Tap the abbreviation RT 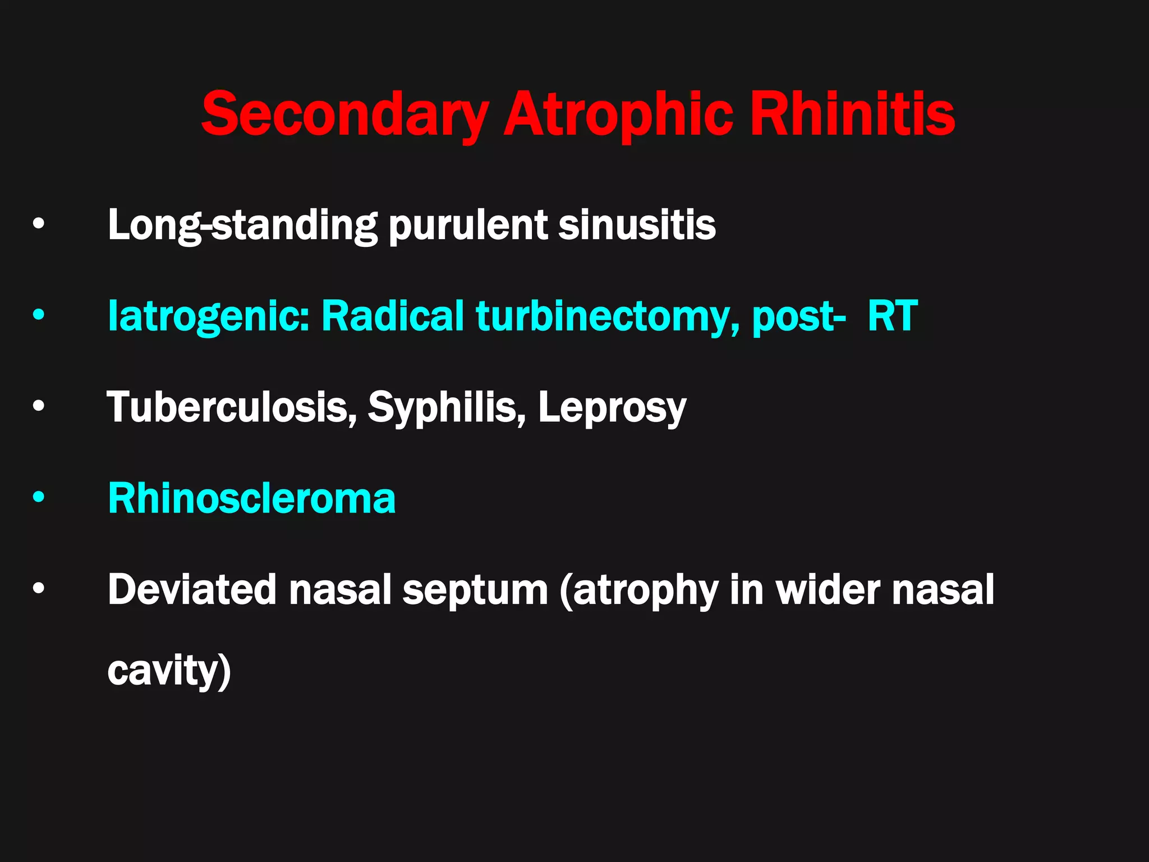tap(892, 315)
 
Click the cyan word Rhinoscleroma tap(252, 498)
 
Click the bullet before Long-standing tap(38, 224)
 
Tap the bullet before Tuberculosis tap(38, 406)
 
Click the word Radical tap(392, 315)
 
